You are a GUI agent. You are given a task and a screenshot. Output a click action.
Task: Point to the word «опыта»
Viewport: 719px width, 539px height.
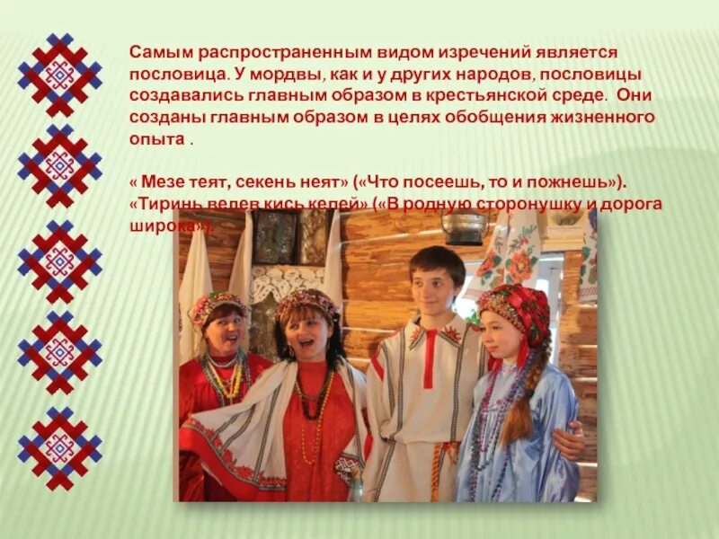point(155,140)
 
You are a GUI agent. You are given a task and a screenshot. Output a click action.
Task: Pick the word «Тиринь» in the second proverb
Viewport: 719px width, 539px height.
point(165,203)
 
